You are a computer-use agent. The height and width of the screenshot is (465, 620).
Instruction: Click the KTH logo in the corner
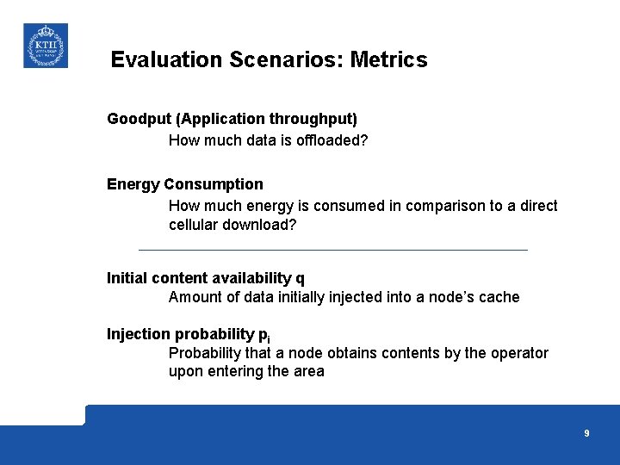45,46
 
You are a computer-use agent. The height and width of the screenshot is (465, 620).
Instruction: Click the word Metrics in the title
388,60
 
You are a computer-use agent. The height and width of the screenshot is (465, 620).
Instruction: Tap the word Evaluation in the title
166,60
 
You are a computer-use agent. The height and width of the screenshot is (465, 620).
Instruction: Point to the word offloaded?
332,140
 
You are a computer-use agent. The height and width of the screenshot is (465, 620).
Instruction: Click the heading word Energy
133,184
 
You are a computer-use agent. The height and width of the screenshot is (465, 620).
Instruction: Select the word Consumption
214,184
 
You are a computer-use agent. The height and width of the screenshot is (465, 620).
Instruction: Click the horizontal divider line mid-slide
332,250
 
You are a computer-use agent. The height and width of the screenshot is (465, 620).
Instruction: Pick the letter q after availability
300,279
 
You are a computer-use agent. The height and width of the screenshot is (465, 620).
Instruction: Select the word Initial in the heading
127,278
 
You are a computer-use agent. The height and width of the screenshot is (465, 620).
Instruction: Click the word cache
499,297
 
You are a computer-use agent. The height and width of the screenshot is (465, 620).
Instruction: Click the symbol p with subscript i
263,335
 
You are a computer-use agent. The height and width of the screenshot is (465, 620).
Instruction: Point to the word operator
519,353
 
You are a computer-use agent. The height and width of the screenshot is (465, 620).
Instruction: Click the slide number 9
586,434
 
